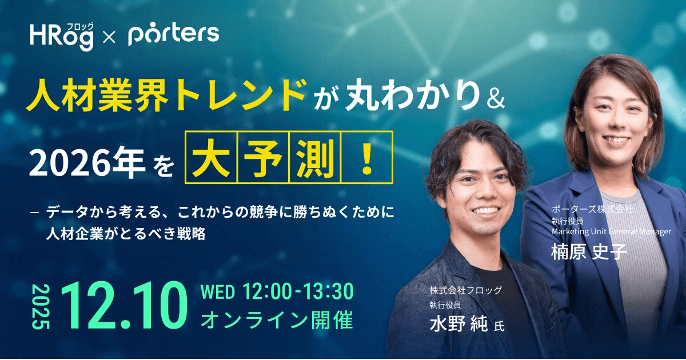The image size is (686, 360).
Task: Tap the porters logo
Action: (x=173, y=35)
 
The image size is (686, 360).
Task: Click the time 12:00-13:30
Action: (x=298, y=293)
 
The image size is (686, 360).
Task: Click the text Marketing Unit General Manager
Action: (x=611, y=231)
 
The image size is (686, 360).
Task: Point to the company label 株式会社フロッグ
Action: (x=466, y=291)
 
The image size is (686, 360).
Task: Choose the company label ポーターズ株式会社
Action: (x=592, y=210)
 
